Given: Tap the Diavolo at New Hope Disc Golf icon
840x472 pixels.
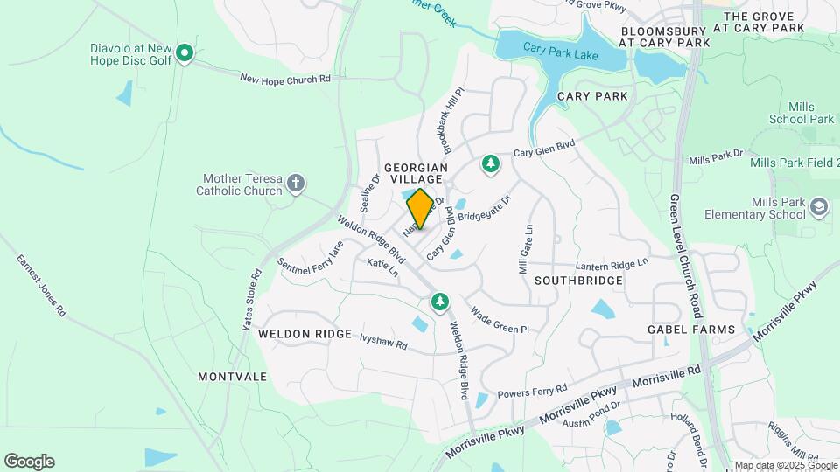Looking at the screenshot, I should [185, 54].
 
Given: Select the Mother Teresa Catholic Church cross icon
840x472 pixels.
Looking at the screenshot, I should [297, 184].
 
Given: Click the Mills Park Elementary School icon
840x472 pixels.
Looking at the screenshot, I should [818, 208].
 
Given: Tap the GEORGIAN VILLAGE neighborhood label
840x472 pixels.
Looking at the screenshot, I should [416, 173].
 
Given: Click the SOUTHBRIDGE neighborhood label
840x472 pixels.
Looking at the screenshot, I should [577, 281].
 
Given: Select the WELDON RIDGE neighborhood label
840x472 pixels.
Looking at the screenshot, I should [304, 334].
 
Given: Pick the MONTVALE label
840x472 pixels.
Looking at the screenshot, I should [232, 377].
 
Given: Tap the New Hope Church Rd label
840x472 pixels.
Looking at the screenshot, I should [285, 79].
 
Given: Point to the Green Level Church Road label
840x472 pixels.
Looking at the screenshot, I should [685, 262].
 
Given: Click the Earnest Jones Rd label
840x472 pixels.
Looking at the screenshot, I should [40, 285].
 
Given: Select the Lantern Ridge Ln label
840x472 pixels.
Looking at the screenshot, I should [612, 263].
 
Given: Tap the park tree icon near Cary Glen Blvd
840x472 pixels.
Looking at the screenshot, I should [491, 163].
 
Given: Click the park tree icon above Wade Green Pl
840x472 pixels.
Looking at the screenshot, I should [440, 302].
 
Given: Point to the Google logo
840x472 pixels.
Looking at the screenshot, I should [29, 462].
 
